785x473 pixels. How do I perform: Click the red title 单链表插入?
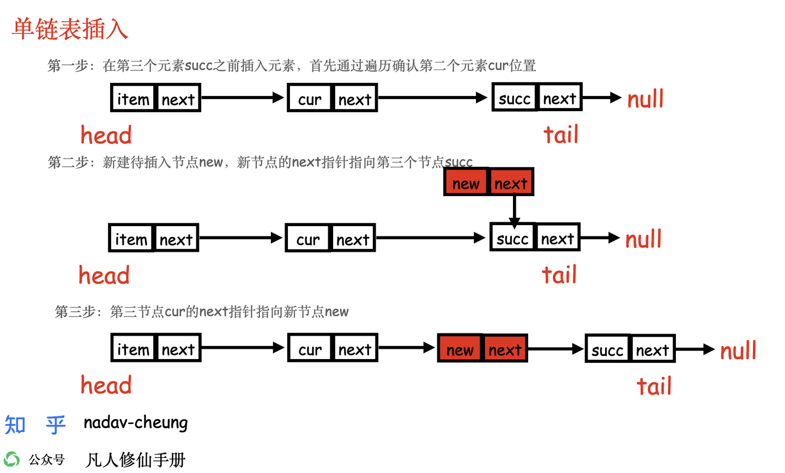[70, 29]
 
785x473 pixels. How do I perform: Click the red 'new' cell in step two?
[466, 183]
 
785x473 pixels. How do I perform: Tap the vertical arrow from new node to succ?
[514, 210]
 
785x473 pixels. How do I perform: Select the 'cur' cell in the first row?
[310, 99]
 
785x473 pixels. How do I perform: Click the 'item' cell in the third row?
[133, 349]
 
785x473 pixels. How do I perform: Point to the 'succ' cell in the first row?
[514, 98]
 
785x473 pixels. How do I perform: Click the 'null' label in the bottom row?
[738, 350]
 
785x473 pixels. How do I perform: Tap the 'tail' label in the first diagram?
[561, 135]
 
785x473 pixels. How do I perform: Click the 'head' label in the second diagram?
[104, 276]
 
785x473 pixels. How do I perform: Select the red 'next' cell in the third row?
[505, 349]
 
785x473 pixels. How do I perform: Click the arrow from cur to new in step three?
[406, 348]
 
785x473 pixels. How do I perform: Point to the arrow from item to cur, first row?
[243, 98]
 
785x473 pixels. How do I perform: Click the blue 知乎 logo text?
[35, 425]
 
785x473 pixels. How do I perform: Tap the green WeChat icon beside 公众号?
[11, 459]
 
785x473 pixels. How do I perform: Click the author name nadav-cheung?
[136, 423]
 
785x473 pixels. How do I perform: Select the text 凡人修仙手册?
[136, 460]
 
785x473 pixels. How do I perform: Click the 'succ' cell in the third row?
[607, 350]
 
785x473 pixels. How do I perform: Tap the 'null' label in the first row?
[645, 99]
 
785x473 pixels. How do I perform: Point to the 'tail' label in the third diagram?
[654, 386]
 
